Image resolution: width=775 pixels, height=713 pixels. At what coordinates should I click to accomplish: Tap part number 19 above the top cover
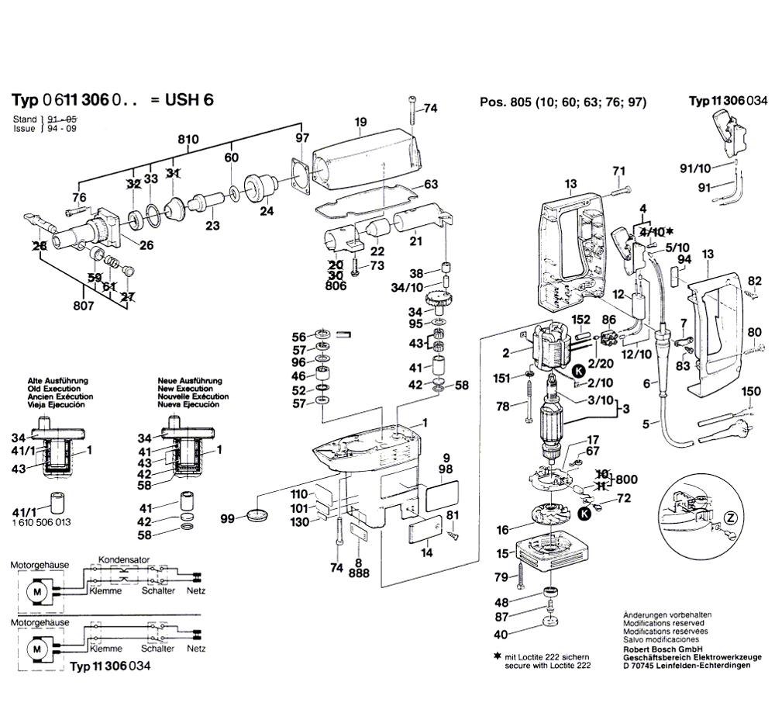click(x=360, y=121)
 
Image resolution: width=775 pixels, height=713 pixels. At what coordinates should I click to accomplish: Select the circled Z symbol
click(x=728, y=517)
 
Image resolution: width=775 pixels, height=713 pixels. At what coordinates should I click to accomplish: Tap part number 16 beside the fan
click(x=503, y=530)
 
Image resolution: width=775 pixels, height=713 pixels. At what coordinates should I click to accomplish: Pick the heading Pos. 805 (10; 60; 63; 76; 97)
click(x=563, y=102)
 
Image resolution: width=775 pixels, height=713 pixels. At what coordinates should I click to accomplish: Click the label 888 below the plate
click(x=359, y=573)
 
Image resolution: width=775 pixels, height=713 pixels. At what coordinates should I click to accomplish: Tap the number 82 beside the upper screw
click(x=755, y=280)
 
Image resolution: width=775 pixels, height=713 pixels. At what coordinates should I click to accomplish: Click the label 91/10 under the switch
click(x=695, y=168)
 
